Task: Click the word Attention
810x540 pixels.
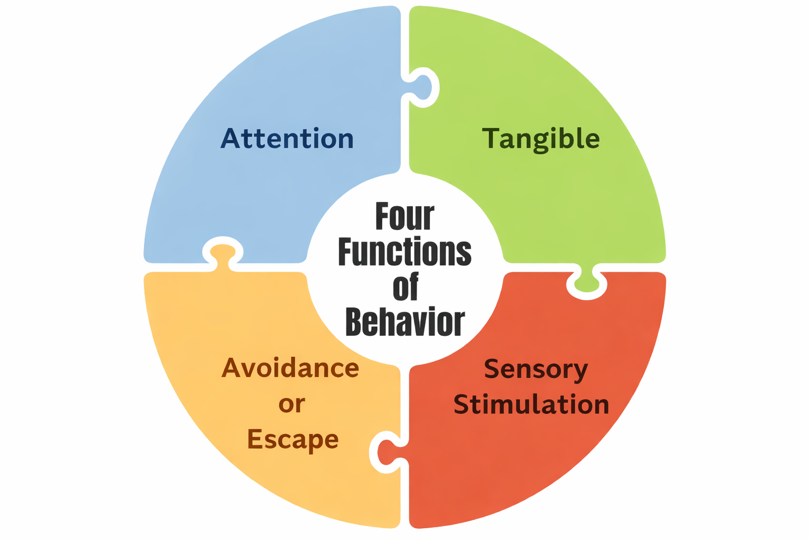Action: pyautogui.click(x=287, y=139)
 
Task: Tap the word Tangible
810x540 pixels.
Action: pyautogui.click(x=541, y=139)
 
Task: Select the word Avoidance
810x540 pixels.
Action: pyautogui.click(x=290, y=368)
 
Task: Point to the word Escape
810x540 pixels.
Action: pyautogui.click(x=293, y=439)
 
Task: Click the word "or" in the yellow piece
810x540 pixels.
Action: pyautogui.click(x=292, y=404)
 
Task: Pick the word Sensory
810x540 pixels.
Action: pyautogui.click(x=536, y=369)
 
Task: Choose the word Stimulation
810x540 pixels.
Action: pyautogui.click(x=532, y=404)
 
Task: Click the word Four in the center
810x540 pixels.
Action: pyautogui.click(x=404, y=216)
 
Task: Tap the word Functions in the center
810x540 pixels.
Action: pyautogui.click(x=404, y=252)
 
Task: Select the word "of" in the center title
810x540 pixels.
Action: pyautogui.click(x=406, y=287)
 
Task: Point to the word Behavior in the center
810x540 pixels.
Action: pyautogui.click(x=405, y=322)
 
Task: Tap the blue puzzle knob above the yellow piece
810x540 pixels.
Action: pyautogui.click(x=223, y=250)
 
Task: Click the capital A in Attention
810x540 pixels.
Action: pyautogui.click(x=230, y=139)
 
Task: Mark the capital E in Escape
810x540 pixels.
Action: pyautogui.click(x=255, y=439)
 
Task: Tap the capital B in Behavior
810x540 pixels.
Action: pyautogui.click(x=355, y=322)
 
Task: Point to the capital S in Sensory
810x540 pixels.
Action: pyautogui.click(x=493, y=369)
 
